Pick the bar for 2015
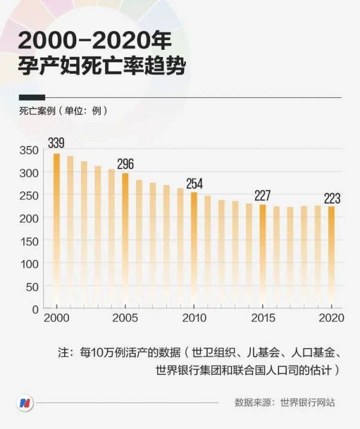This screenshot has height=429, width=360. click(262, 256)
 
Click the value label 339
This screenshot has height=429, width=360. click(56, 143)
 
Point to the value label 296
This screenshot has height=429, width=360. click(125, 163)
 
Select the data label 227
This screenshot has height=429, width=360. click(263, 195)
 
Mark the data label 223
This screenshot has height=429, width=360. click(332, 198)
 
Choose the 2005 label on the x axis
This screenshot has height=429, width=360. click(125, 319)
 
